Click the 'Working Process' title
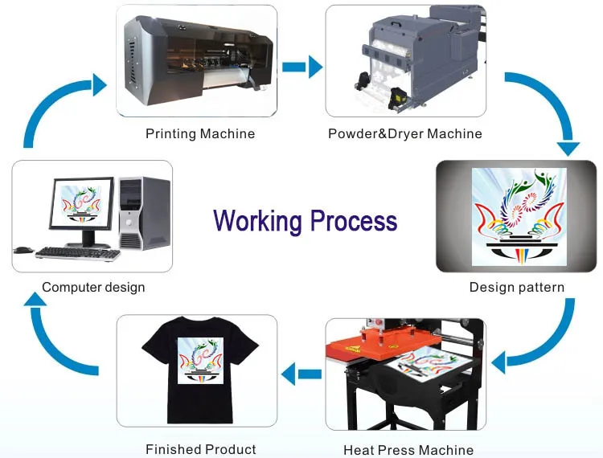click(x=306, y=220)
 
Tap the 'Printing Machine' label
click(x=200, y=133)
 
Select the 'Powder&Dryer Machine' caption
click(x=405, y=133)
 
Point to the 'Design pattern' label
click(x=517, y=287)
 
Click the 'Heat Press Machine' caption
click(x=408, y=450)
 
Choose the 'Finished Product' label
click(x=201, y=449)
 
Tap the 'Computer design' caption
click(x=93, y=287)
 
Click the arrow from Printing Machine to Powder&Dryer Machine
click(x=302, y=67)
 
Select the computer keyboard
click(x=77, y=254)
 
